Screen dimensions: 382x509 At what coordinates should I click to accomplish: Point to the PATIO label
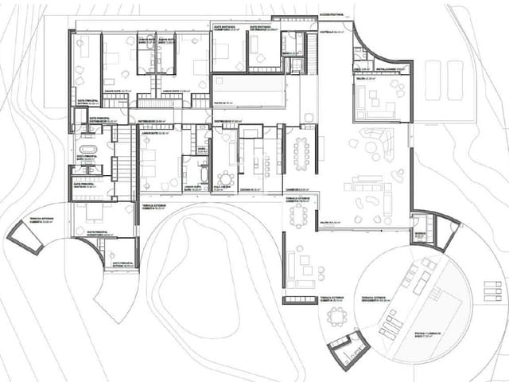(223, 103)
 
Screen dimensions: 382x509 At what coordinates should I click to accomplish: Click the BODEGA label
(420, 234)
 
